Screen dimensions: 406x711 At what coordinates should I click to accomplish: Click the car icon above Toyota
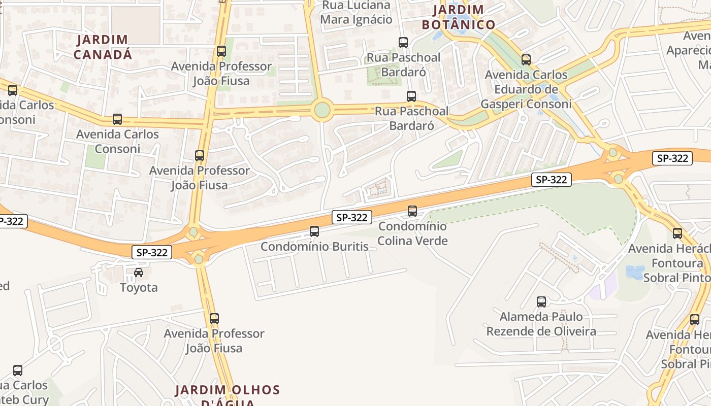pyautogui.click(x=139, y=273)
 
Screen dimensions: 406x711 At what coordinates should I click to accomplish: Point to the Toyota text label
pyautogui.click(x=139, y=288)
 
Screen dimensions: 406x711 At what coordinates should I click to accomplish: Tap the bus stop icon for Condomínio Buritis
pyautogui.click(x=314, y=231)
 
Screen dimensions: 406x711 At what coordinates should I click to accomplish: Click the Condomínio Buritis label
pyautogui.click(x=314, y=247)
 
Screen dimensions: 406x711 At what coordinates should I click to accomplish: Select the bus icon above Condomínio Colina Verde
pyautogui.click(x=412, y=211)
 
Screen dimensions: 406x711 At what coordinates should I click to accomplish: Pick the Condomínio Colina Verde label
pyautogui.click(x=412, y=233)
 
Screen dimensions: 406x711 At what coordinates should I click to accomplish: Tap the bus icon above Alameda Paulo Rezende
pyautogui.click(x=541, y=302)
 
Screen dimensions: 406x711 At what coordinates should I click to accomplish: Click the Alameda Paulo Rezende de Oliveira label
pyautogui.click(x=541, y=324)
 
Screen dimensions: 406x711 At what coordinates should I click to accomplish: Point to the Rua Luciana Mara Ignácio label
pyautogui.click(x=356, y=13)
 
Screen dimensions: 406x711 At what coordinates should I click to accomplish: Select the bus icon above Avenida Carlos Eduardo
pyautogui.click(x=526, y=60)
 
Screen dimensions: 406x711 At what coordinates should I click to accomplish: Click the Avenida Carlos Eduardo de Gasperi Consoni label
pyautogui.click(x=526, y=89)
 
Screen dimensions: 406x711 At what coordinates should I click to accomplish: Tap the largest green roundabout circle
pyautogui.click(x=322, y=110)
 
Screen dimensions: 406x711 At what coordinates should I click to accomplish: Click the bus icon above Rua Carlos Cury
pyautogui.click(x=18, y=370)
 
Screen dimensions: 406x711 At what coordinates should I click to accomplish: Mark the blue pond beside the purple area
pyautogui.click(x=635, y=273)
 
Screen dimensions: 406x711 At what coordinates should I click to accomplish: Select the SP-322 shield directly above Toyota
pyautogui.click(x=152, y=252)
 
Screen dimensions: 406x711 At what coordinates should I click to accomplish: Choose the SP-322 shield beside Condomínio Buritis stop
pyautogui.click(x=352, y=217)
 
